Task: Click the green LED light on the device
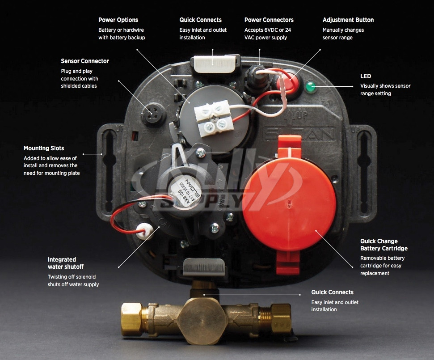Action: (x=310, y=87)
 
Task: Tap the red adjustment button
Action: (x=287, y=83)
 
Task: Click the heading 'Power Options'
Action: (x=118, y=20)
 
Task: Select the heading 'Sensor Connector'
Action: (x=85, y=61)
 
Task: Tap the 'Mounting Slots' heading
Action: (x=44, y=148)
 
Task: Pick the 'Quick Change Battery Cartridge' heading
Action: (x=383, y=245)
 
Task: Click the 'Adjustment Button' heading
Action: (x=348, y=20)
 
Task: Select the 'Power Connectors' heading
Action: (x=269, y=20)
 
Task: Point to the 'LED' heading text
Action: (x=366, y=76)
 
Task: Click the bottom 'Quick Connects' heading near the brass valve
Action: (x=332, y=292)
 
